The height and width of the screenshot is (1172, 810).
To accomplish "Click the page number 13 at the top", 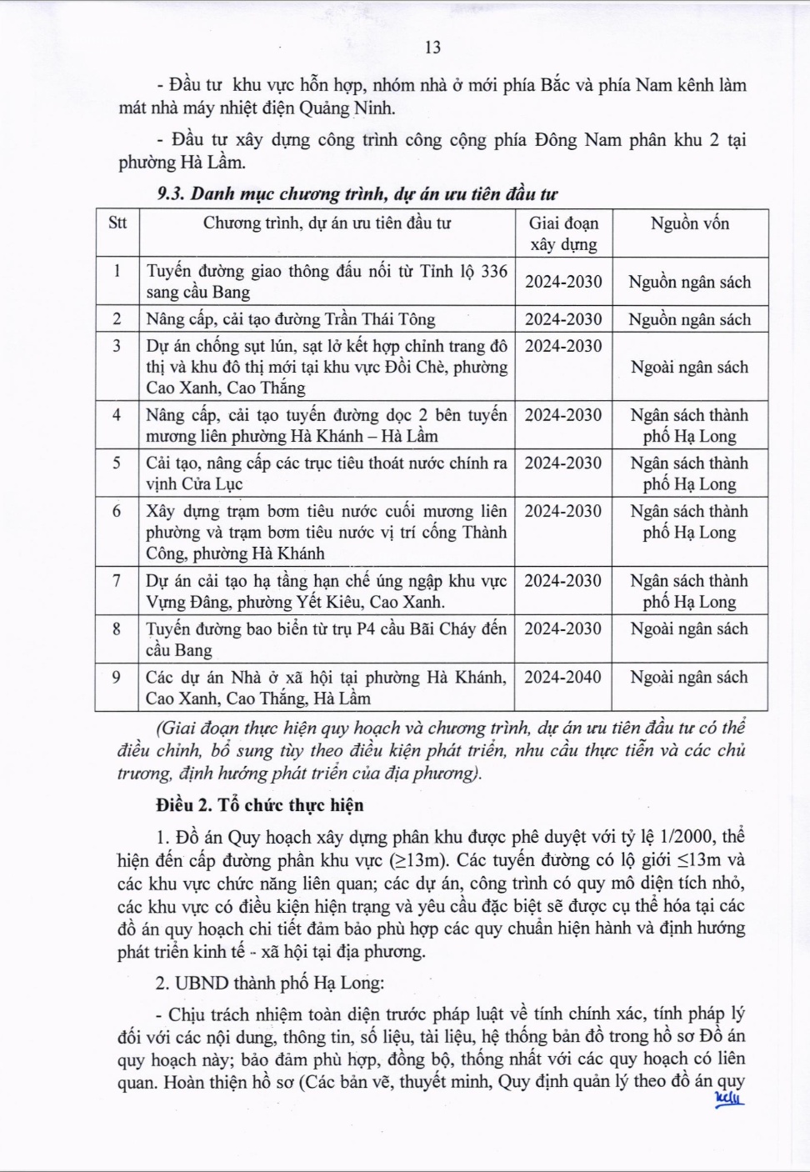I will tap(432, 48).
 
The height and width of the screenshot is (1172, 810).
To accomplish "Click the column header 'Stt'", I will tap(117, 223).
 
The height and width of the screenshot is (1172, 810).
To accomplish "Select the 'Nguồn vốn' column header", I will tap(689, 223).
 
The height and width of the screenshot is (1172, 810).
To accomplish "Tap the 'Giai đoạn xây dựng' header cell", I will tap(563, 233).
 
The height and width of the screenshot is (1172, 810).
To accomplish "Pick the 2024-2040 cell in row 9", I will tap(562, 677).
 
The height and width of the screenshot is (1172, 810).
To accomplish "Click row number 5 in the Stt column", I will tap(117, 463).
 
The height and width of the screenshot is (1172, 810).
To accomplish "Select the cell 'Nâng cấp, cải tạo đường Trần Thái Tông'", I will tap(290, 319).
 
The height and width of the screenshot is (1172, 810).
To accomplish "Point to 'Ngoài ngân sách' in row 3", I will tap(689, 367).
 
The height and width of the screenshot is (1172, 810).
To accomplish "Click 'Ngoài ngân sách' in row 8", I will tap(689, 629).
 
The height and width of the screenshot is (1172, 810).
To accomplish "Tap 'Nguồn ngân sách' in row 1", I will tap(689, 282).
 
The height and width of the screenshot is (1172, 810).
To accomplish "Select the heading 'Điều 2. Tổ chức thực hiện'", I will tap(260, 805).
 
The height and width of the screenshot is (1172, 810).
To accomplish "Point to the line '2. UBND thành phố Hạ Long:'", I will tap(270, 983).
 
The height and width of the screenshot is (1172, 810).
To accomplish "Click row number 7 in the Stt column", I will tap(117, 581).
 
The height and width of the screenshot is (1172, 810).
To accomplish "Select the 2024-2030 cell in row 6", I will tap(562, 511).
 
